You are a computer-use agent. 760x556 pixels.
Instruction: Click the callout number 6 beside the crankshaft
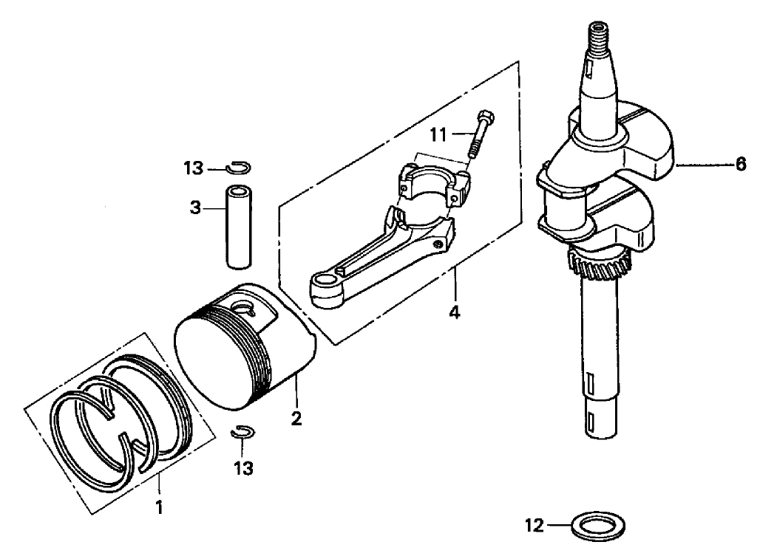click(x=741, y=166)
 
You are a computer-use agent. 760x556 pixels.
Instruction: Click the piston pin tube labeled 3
click(x=238, y=227)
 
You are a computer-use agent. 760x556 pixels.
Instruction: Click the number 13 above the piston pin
click(x=194, y=169)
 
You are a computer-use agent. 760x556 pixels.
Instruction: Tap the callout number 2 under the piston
click(x=296, y=419)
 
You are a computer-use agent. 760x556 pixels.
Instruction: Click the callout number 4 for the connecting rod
click(x=455, y=312)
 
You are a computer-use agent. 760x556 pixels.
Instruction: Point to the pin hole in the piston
click(x=242, y=306)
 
